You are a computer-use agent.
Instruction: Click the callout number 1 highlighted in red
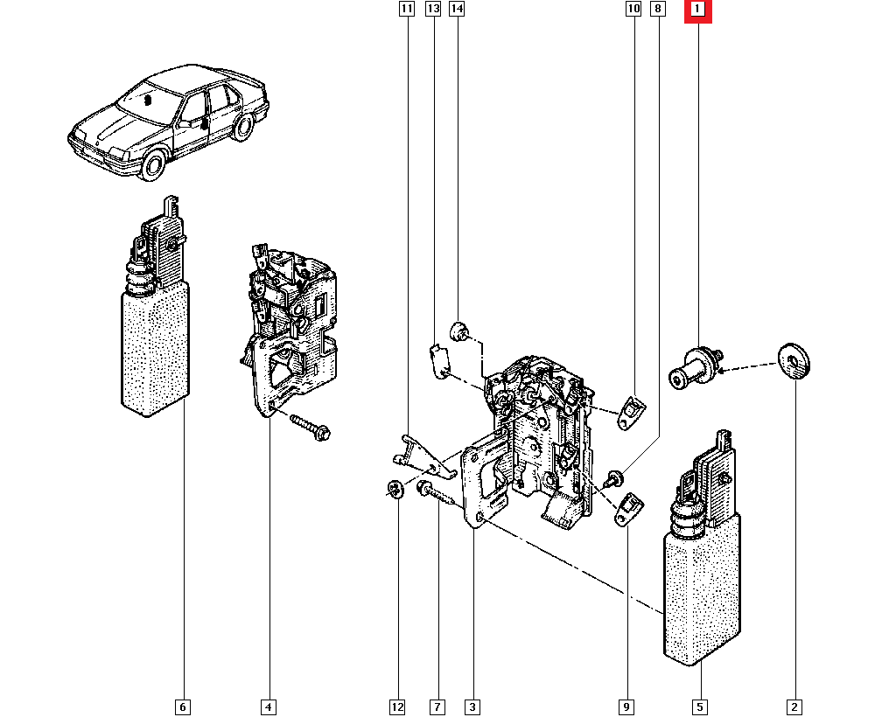pos(697,9)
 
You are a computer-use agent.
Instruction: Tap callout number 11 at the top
pos(407,9)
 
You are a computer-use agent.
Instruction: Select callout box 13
pos(432,9)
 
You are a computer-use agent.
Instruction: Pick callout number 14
pos(457,9)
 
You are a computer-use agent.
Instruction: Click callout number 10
pos(633,9)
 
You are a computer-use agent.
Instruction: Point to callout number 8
pos(658,9)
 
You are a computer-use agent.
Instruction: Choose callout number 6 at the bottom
pos(183,707)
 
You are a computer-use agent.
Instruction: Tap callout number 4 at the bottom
pos(269,707)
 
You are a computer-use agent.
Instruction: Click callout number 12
pos(396,707)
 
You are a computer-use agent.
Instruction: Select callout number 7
pos(437,707)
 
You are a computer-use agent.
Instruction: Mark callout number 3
pos(472,707)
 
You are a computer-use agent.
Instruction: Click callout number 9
pos(626,707)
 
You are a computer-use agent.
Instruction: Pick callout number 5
pos(700,707)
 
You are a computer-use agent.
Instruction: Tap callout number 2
pos(794,707)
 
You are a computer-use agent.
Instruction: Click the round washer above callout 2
pos(794,360)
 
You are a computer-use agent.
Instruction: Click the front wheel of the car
pos(153,164)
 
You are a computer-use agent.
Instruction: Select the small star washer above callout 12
pos(395,489)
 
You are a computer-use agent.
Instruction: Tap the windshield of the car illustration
pos(147,101)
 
